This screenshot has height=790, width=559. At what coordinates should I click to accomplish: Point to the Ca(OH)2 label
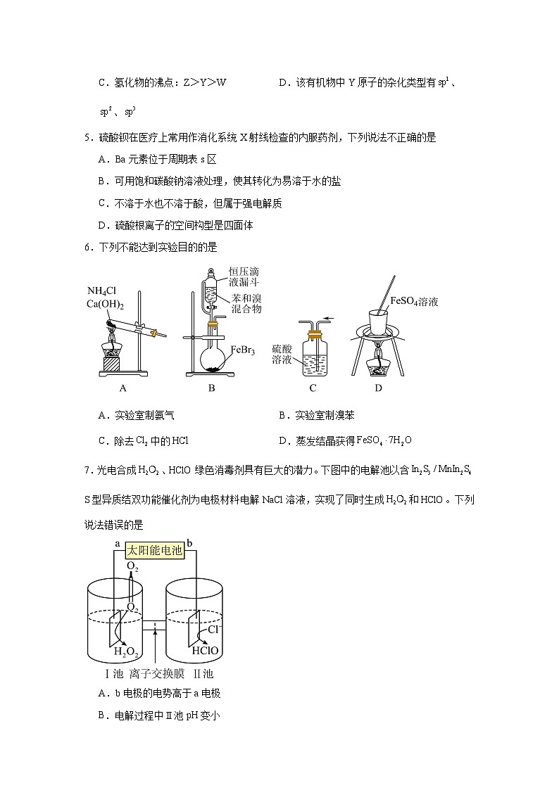(x=106, y=304)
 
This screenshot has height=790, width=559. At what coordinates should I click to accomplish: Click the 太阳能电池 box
(x=154, y=552)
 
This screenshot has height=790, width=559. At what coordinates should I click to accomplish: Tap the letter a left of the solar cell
(x=117, y=544)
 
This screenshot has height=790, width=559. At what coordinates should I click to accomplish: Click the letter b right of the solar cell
(x=189, y=544)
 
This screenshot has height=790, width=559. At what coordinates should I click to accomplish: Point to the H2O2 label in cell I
(x=126, y=651)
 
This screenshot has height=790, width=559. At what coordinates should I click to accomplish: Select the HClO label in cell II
(x=205, y=651)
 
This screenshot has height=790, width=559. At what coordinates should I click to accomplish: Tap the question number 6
(x=87, y=247)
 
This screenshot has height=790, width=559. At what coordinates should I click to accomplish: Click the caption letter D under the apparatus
(x=378, y=388)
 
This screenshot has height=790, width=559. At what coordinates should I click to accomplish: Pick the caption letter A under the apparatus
(x=123, y=388)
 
